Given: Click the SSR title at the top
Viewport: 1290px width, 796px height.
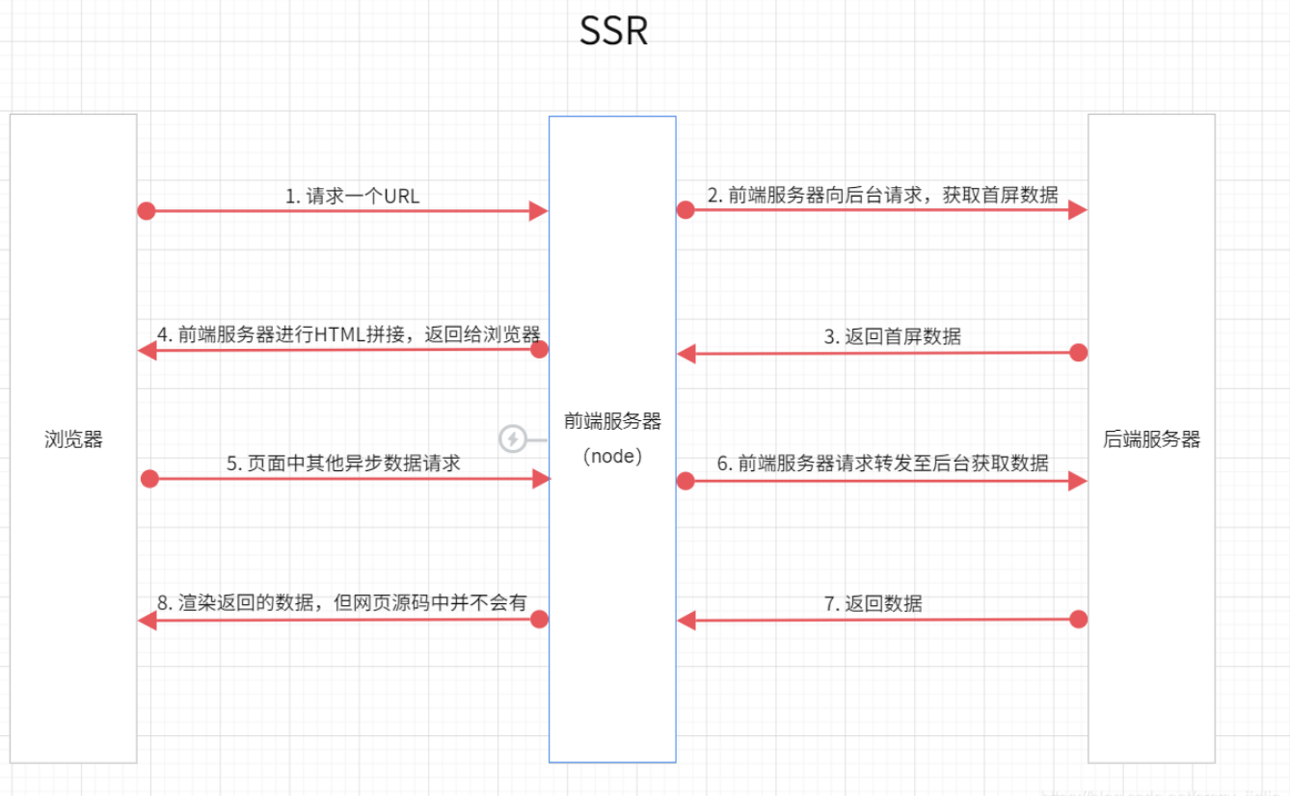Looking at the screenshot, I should pos(613,32).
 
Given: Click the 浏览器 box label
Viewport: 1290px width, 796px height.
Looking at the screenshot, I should pos(73,439).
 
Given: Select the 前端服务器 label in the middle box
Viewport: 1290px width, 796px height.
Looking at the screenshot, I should pos(613,421).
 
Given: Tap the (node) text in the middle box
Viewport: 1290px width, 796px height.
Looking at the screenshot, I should pos(613,456).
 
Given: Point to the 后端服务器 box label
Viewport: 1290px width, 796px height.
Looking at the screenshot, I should pos(1152,439).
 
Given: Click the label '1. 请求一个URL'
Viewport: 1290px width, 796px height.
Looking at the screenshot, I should pos(352,196).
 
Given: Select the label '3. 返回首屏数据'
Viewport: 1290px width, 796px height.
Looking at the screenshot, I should pos(892,336).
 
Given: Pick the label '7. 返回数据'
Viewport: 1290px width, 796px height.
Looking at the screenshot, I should pos(873,603).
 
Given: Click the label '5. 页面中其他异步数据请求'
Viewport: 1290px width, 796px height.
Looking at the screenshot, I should pos(343,463).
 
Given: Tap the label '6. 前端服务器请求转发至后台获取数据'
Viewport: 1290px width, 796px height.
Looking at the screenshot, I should pos(882,463).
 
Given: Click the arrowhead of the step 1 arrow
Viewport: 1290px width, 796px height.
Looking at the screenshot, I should pos(539,211).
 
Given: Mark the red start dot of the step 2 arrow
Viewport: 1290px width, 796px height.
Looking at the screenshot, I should pos(685,210).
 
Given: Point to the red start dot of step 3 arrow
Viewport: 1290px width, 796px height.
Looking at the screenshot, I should pos(1079,353).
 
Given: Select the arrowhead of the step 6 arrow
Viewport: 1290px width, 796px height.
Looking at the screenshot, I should pos(1078,480).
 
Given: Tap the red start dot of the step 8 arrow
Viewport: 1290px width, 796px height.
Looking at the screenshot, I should pos(540,620).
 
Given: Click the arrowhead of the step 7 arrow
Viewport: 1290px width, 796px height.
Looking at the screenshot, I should pos(686,621).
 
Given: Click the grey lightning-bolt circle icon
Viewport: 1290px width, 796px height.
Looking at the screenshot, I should pos(513,439).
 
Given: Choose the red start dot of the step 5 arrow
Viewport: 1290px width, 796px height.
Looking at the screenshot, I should pos(148,479).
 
